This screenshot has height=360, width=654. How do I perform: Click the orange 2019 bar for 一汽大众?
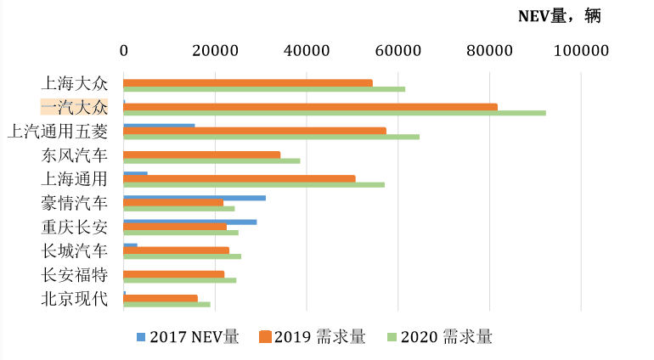[310, 106]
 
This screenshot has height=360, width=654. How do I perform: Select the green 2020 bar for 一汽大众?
[335, 112]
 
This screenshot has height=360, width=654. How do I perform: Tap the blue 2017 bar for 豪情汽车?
[195, 197]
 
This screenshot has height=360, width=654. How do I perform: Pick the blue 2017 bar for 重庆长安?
[190, 222]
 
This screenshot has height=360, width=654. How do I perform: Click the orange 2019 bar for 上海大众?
[248, 82]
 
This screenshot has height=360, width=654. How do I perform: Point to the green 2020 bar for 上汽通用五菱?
[272, 136]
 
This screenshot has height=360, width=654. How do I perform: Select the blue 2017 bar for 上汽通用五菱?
[159, 126]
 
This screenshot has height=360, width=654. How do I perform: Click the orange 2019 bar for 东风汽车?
[202, 155]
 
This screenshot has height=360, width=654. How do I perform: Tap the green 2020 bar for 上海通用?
[254, 184]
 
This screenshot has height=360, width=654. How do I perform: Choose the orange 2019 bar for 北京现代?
[161, 298]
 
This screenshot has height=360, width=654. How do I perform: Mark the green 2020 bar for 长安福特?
[180, 279]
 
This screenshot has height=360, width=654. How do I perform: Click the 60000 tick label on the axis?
[397, 51]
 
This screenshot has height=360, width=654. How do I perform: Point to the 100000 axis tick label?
[581, 51]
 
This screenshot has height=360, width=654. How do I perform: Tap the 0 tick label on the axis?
[124, 51]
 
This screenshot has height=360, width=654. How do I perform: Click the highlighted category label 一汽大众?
[75, 107]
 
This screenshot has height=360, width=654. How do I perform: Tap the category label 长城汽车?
[75, 250]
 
